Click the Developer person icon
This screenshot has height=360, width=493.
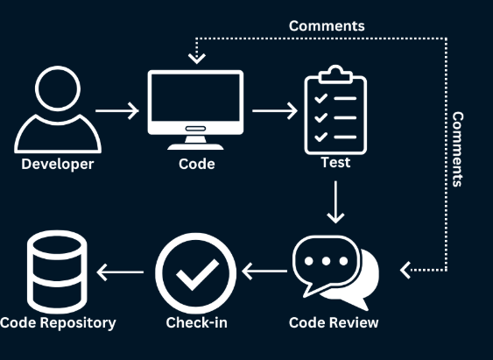(x=57, y=111)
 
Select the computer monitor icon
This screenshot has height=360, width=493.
(x=195, y=105)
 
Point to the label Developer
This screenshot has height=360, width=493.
(x=57, y=164)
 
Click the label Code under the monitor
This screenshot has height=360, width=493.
(x=195, y=164)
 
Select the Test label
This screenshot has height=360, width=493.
(x=335, y=162)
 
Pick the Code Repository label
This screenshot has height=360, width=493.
(x=58, y=322)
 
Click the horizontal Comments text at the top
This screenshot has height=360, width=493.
(x=327, y=25)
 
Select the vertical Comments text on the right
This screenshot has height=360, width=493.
(x=457, y=149)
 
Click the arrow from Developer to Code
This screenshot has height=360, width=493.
(x=116, y=111)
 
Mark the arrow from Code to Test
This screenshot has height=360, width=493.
(x=274, y=111)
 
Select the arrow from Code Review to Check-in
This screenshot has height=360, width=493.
(x=264, y=272)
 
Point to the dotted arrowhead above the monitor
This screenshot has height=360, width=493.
(x=196, y=59)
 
